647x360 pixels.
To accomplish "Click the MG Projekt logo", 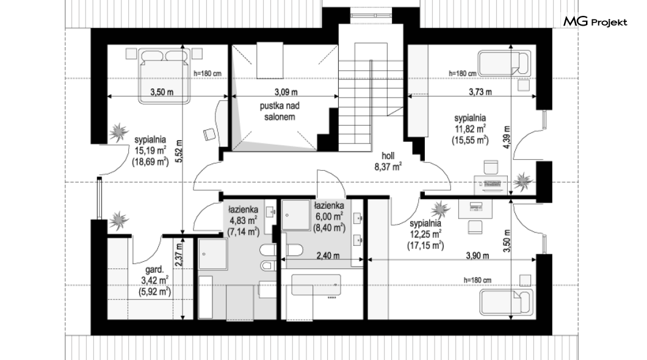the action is coord(595,22).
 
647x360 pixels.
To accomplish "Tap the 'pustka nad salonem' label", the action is coord(280,111).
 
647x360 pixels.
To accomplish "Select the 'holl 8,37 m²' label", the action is coord(388,161).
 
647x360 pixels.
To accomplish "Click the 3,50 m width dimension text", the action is coord(162,92).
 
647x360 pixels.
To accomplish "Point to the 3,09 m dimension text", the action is coord(286,92).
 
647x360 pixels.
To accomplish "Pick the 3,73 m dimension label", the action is coord(480,92).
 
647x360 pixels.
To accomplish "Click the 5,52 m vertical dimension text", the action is coord(178,151).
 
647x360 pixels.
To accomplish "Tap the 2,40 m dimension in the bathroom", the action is coord(328,256).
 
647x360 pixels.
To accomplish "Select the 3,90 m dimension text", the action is coord(477,256).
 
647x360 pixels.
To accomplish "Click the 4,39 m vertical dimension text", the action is coord(507,137).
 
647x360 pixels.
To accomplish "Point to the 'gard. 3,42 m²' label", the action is coord(155,281).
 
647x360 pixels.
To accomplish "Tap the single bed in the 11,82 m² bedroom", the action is coord(504,63).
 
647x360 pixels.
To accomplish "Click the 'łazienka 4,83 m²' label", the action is coord(244,221).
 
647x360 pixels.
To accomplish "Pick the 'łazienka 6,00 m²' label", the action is coord(329,217).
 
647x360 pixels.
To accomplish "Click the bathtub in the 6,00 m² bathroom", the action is coord(316,284).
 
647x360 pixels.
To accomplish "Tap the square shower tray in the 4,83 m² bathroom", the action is coord(213,254).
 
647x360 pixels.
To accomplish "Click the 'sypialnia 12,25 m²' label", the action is coord(425,235).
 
